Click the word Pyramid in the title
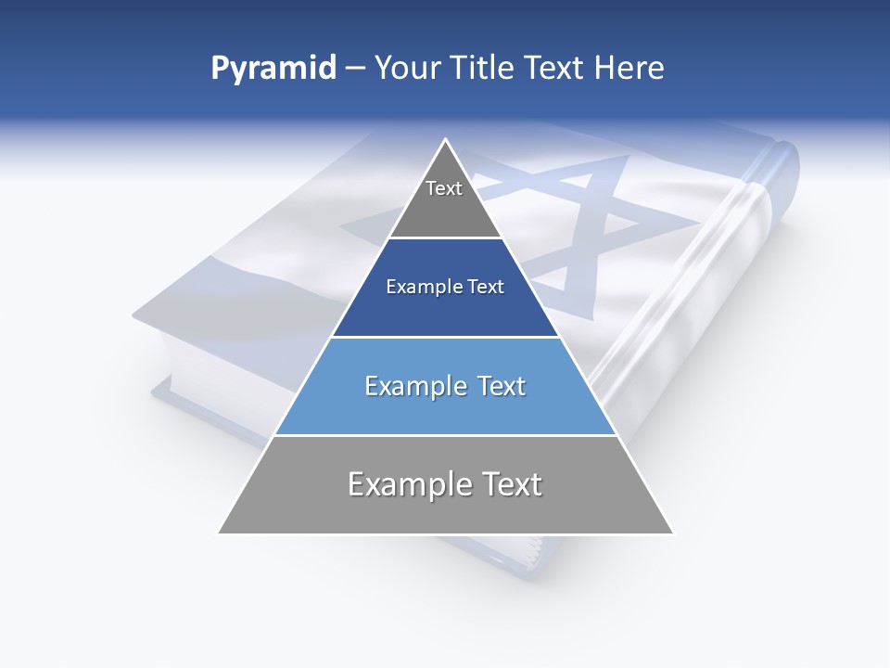pos(273,69)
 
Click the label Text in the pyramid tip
pos(444,188)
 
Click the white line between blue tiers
pos(445,337)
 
